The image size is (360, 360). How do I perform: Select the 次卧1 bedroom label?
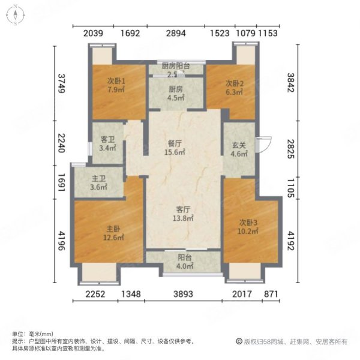coord(115,82)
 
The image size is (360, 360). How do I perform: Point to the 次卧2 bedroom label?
coord(234,83)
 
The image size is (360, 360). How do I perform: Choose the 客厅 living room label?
coord(184,210)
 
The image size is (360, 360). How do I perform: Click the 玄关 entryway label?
coord(239,144)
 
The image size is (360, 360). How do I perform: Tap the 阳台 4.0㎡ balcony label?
coord(184,259)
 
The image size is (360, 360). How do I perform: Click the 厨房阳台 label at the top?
coord(176,66)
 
